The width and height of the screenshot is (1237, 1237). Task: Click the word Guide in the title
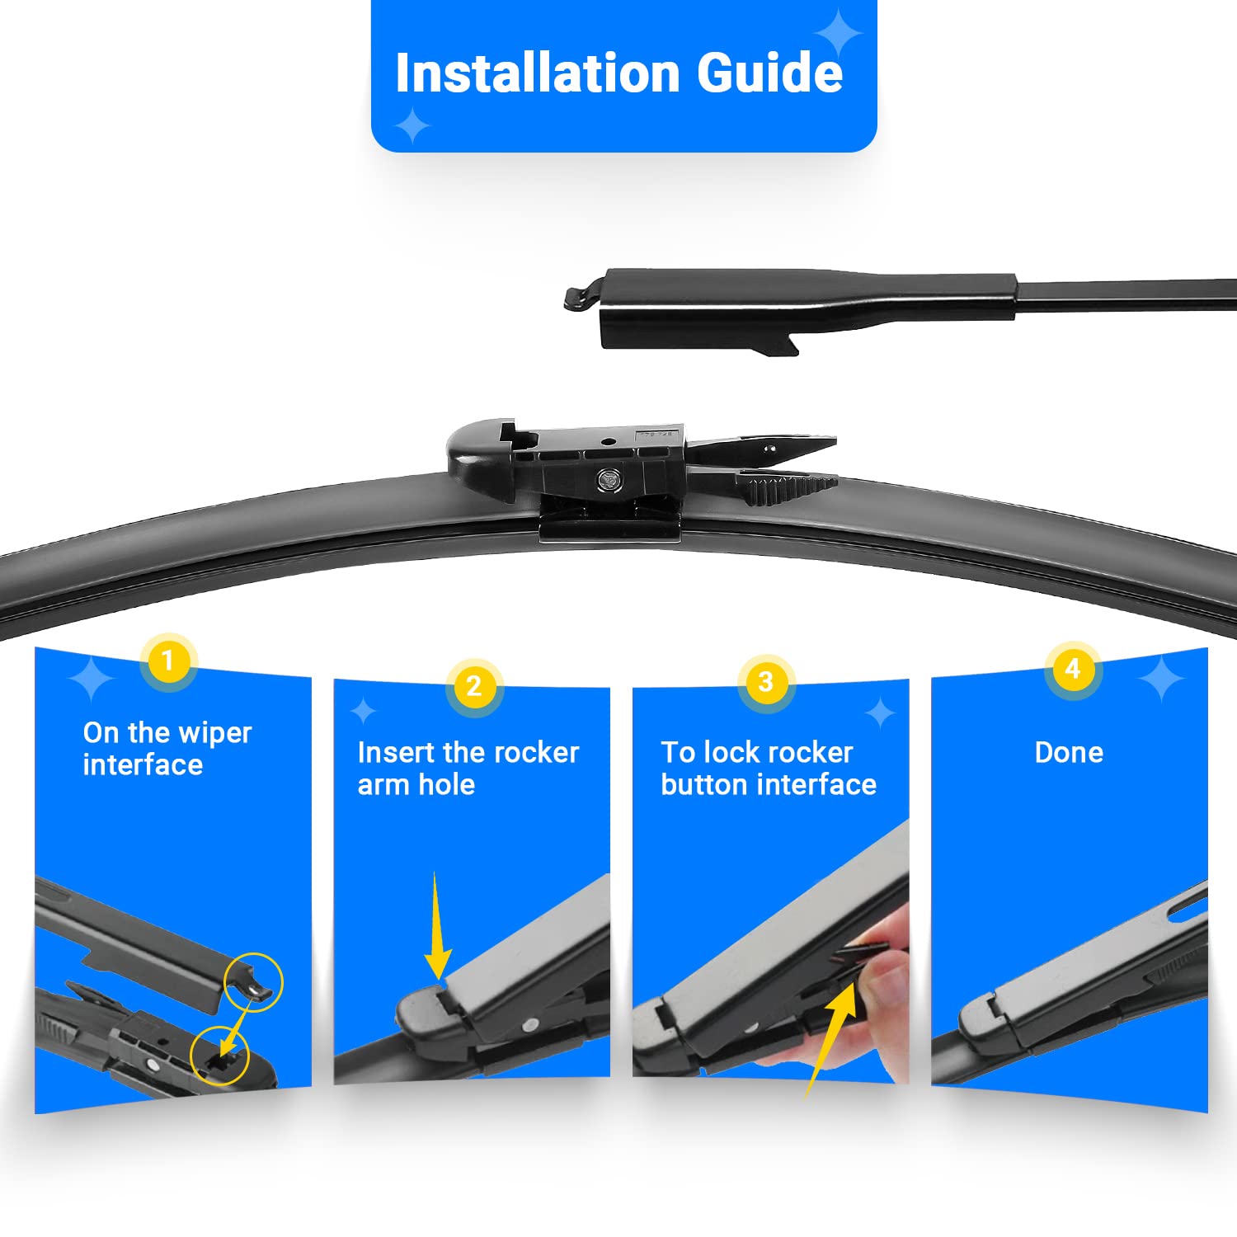(x=770, y=73)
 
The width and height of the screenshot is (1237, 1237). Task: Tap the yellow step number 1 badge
(x=168, y=661)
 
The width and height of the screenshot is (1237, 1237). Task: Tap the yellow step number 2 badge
(x=473, y=685)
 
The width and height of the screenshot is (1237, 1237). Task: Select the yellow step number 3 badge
(x=766, y=681)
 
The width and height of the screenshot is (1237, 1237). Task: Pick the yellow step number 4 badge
(x=1072, y=668)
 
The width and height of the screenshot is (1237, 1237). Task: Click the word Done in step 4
(x=1069, y=752)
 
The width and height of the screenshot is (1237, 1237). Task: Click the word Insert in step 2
(x=397, y=752)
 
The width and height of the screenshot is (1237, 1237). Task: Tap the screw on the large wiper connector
(x=609, y=479)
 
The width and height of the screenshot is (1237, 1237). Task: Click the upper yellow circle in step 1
(x=253, y=981)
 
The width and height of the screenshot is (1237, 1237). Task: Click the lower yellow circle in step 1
(x=219, y=1055)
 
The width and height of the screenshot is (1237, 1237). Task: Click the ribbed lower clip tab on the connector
(x=787, y=488)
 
